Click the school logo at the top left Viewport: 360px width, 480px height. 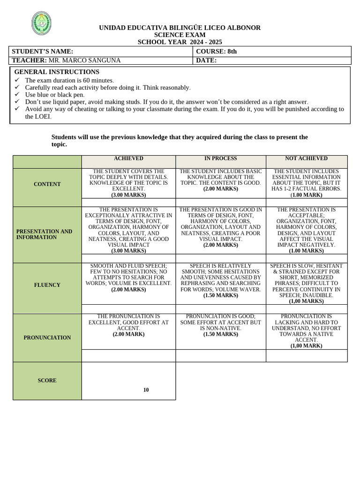click(41, 23)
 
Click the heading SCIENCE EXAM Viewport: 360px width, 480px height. click(180, 35)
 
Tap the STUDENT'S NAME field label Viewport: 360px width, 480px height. click(43, 52)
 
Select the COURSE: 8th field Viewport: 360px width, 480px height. click(216, 52)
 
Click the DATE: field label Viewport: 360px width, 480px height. click(206, 60)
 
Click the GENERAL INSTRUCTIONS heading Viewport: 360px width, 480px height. click(57, 72)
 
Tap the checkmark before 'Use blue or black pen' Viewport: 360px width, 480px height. click(17, 95)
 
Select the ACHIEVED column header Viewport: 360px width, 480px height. click(128, 159)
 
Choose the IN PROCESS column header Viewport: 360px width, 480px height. click(220, 159)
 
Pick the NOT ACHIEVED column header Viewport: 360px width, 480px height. click(306, 159)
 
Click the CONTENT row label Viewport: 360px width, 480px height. click(47, 184)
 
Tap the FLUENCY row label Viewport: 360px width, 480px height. click(47, 285)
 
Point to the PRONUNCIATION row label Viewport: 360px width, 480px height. click(47, 337)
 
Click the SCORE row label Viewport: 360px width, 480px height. click(47, 381)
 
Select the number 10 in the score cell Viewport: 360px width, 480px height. click(146, 390)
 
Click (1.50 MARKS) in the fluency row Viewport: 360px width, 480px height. click(220, 296)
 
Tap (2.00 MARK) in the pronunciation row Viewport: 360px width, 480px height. click(128, 334)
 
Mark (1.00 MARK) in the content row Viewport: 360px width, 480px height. click(306, 195)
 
